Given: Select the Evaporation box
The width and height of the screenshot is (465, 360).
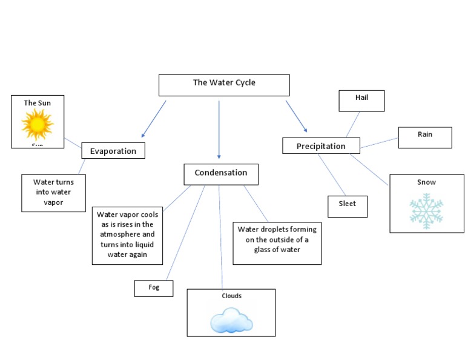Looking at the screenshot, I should click(113, 150).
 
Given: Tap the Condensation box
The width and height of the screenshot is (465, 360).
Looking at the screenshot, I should click(221, 174).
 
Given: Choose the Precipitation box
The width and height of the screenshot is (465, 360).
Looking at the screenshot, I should click(321, 145).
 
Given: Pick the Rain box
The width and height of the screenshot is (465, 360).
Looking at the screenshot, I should click(424, 138).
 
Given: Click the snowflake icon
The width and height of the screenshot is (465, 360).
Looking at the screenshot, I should click(426, 211).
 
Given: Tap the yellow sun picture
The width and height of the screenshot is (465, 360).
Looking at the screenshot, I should click(38, 125).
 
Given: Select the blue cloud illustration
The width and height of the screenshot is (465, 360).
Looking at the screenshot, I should click(231, 319).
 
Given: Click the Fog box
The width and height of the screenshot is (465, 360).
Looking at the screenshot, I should click(154, 288).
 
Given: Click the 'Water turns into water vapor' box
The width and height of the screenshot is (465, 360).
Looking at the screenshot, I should click(53, 193).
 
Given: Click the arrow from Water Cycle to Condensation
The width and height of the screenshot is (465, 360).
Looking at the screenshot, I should click(219, 130).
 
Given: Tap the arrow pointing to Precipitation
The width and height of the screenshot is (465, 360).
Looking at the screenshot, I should click(297, 116).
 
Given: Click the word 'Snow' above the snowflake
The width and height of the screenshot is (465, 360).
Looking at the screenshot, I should click(426, 182).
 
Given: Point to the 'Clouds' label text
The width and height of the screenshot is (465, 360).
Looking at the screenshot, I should click(231, 296).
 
